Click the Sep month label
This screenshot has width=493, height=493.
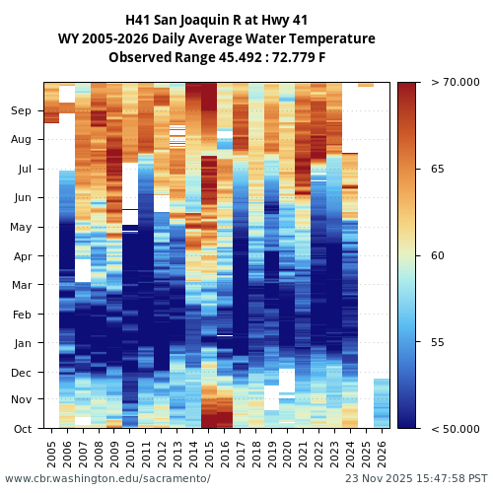pyautogui.click(x=21, y=111)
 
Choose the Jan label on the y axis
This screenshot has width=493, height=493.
pyautogui.click(x=22, y=343)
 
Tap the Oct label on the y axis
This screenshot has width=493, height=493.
pyautogui.click(x=22, y=429)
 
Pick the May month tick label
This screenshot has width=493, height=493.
pyautogui.click(x=21, y=228)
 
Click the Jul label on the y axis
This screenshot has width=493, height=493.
pyautogui.click(x=23, y=170)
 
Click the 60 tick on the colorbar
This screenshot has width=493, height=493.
pyautogui.click(x=438, y=255)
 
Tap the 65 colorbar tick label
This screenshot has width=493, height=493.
pyautogui.click(x=438, y=169)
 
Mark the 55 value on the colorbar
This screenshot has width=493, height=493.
pyautogui.click(x=438, y=342)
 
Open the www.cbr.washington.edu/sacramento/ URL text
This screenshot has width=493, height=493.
pyautogui.click(x=107, y=478)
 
